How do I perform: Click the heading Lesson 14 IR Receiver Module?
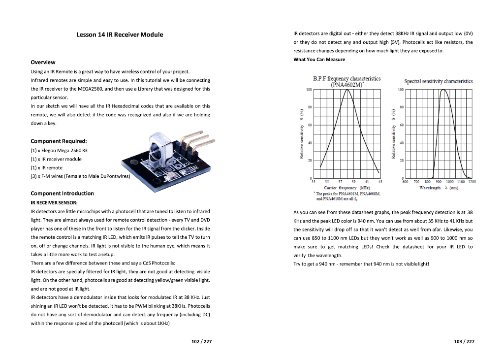120,34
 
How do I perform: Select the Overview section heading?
43,62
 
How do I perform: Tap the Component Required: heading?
59,141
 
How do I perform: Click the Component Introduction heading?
62,193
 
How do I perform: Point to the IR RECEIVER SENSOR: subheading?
54,202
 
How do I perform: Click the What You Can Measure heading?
319,60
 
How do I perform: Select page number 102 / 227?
201,342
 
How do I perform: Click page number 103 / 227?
464,342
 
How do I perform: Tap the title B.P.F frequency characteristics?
346,79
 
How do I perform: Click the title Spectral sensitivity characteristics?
438,81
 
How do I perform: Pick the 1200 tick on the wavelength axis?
472,182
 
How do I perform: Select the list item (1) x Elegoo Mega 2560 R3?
59,150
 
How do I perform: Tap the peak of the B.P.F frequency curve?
347,90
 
